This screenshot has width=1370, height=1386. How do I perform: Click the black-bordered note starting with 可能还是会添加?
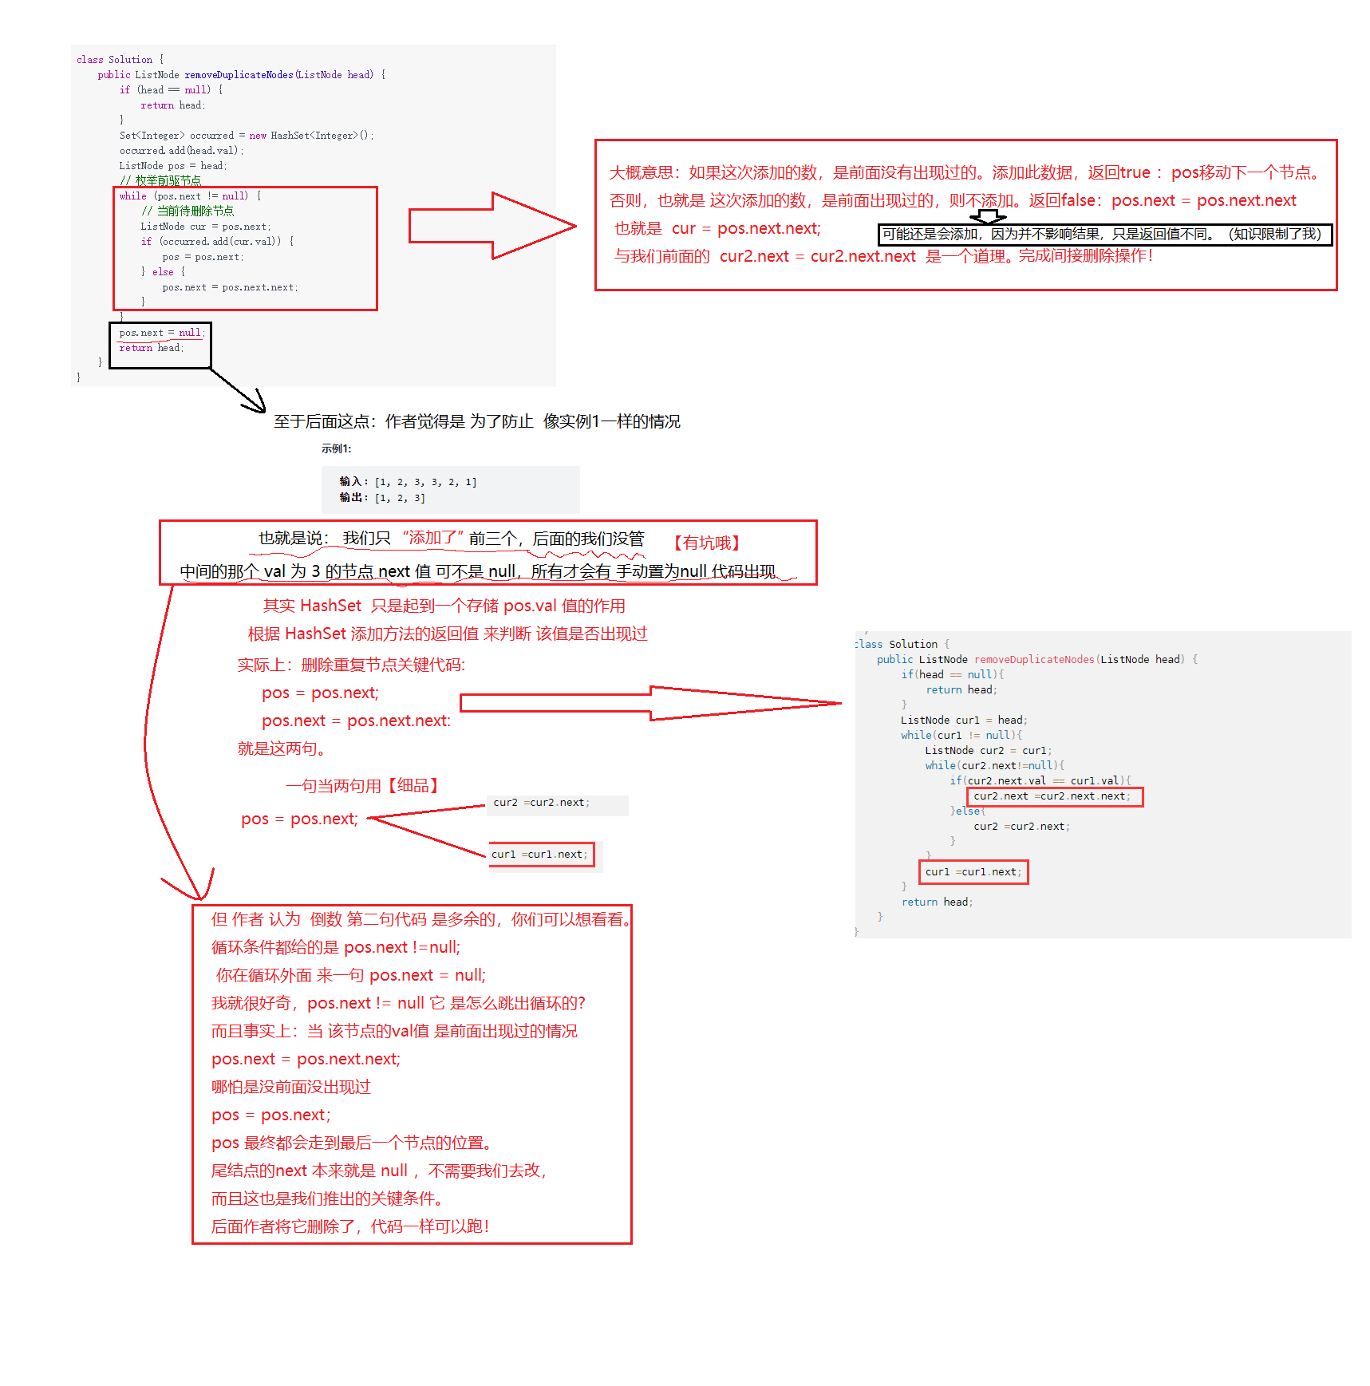click(x=1104, y=235)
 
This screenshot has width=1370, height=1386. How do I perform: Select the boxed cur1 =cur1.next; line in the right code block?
click(x=973, y=872)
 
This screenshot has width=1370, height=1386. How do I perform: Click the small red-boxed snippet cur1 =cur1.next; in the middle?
click(x=540, y=855)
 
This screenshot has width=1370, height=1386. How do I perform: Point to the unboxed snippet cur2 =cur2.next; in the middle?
click(x=541, y=803)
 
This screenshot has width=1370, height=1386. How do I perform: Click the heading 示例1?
click(x=336, y=448)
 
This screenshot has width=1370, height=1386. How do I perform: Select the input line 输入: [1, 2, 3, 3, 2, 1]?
click(x=408, y=482)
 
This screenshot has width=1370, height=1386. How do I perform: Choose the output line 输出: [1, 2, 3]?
click(x=382, y=498)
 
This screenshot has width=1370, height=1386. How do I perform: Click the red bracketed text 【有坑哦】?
click(x=706, y=543)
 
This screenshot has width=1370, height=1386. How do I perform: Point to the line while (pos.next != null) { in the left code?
click(x=190, y=196)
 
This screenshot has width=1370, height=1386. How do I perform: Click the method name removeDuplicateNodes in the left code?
click(x=239, y=75)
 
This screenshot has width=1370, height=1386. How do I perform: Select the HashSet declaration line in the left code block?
click(x=246, y=136)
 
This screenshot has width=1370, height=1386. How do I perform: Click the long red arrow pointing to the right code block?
click(x=650, y=703)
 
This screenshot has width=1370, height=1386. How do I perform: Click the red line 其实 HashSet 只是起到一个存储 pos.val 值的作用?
click(x=444, y=606)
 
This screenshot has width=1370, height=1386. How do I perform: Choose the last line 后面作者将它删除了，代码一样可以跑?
click(x=349, y=1226)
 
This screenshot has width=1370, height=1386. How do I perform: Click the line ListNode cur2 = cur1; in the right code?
click(x=988, y=751)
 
